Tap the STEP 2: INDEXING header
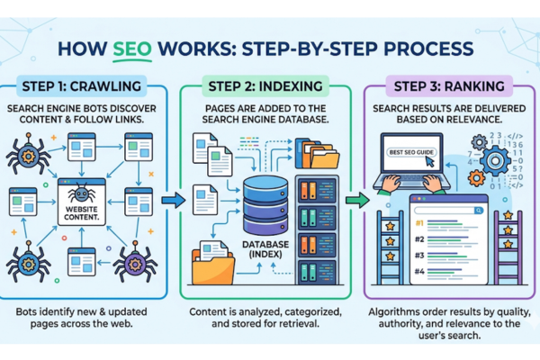268,87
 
